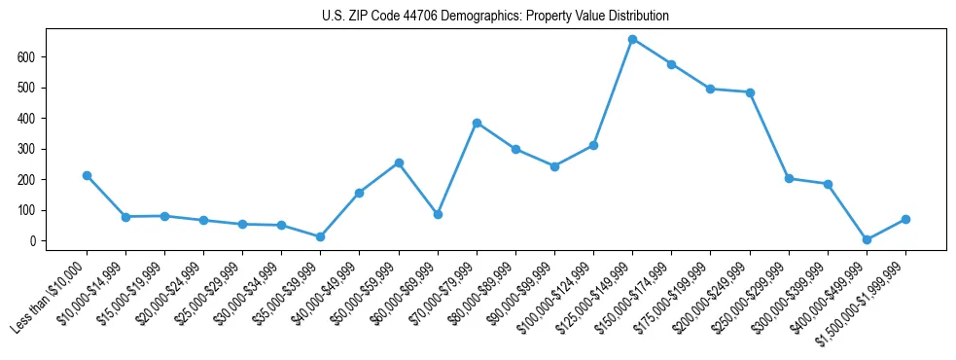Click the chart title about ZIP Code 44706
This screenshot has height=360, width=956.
point(495,17)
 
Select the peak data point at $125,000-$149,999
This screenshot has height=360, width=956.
point(632,40)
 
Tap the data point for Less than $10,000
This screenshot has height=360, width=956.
point(87,175)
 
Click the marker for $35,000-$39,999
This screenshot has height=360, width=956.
point(320,236)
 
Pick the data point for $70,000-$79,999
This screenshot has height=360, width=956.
point(477,123)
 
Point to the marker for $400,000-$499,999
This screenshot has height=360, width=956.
point(867,239)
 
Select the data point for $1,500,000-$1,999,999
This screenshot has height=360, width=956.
point(905,219)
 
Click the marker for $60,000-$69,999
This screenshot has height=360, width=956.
point(438,214)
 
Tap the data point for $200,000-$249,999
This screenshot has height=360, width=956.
point(750,92)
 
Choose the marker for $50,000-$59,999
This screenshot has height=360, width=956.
point(399,162)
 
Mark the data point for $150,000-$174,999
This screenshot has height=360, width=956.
point(671,64)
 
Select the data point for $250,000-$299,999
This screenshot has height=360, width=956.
point(789,178)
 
